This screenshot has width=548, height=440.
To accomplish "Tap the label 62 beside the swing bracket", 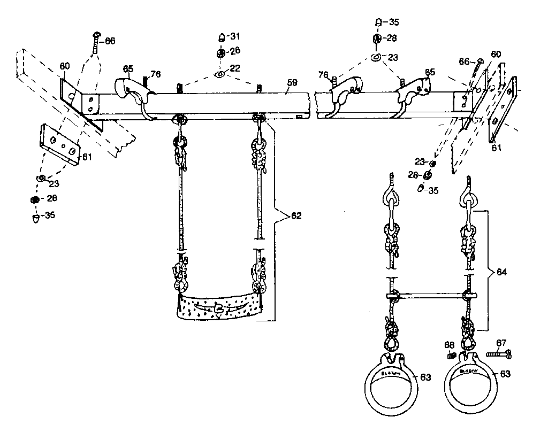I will (295, 217).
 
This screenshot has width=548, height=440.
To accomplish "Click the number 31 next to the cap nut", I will (235, 36).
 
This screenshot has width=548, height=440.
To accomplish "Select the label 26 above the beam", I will (235, 51).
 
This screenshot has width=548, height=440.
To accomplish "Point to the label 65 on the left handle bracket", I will (127, 69).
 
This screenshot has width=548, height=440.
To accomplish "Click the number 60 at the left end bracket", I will (65, 66).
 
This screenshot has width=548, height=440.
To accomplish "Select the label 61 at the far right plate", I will (497, 147).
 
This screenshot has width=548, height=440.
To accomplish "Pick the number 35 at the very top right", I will (393, 22).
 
